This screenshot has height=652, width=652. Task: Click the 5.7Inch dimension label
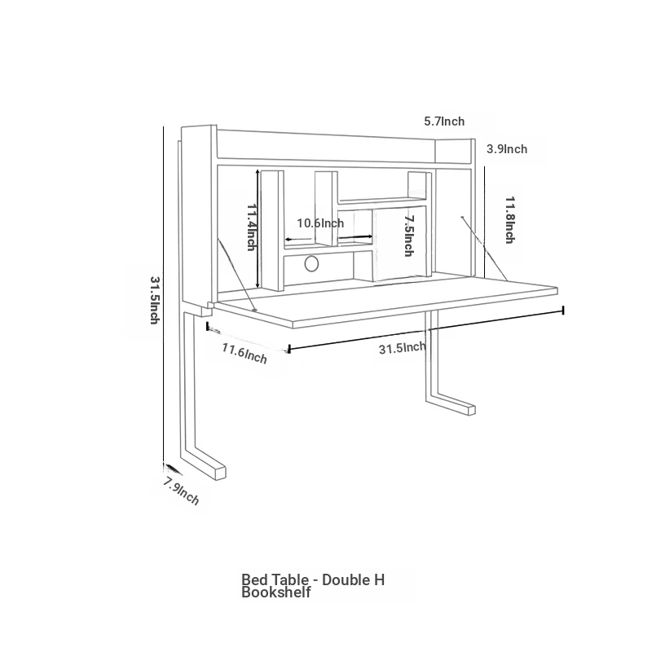click(x=444, y=121)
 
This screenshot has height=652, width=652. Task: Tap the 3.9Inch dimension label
click(x=507, y=149)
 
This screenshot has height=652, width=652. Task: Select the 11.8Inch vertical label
click(x=510, y=220)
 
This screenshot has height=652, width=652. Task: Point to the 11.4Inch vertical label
click(x=252, y=227)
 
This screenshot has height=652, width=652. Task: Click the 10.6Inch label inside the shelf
click(x=320, y=223)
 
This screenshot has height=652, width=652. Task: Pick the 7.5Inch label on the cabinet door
click(x=409, y=236)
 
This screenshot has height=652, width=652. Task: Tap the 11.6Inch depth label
click(x=244, y=353)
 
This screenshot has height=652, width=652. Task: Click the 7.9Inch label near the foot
click(x=181, y=491)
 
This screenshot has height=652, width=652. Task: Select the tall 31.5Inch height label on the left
click(x=155, y=300)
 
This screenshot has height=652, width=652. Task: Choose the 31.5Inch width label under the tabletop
click(x=402, y=348)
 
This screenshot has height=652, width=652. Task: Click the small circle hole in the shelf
click(x=311, y=264)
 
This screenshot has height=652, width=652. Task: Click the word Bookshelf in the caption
click(x=276, y=593)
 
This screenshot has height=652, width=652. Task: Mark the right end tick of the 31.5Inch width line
click(x=563, y=311)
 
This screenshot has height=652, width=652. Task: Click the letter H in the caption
click(x=379, y=579)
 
